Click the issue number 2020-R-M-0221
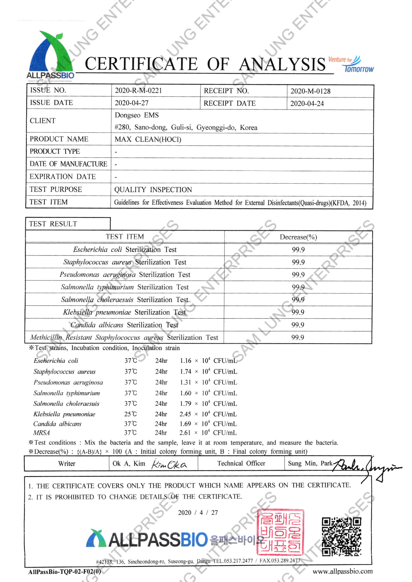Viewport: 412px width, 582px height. click(x=138, y=91)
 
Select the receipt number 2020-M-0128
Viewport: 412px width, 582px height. click(x=310, y=91)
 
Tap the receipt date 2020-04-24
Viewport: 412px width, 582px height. click(x=307, y=103)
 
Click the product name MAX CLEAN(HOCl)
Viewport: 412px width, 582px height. click(x=148, y=139)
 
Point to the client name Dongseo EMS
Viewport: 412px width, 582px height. click(x=137, y=115)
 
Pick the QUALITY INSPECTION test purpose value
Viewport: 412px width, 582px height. click(x=153, y=190)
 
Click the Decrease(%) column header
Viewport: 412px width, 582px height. click(x=298, y=237)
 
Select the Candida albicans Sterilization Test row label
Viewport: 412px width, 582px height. click(x=124, y=325)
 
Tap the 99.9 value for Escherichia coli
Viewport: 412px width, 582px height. click(x=298, y=250)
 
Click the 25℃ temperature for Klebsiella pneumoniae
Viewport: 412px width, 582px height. click(x=130, y=414)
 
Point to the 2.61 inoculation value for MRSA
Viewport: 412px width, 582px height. click(x=185, y=433)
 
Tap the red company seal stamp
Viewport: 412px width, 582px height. click(x=280, y=532)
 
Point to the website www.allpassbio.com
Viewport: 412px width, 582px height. click(x=343, y=571)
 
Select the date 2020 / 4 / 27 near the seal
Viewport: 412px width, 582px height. click(x=198, y=513)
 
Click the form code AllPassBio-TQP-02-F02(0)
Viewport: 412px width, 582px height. click(x=65, y=572)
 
